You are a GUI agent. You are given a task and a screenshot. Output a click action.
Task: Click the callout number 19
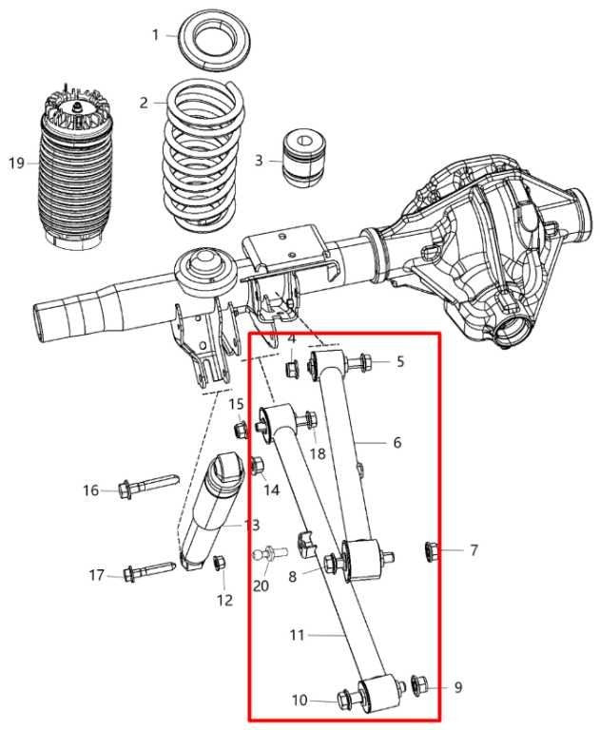pos(16,163)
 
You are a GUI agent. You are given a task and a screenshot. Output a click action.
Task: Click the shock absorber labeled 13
pos(211,513)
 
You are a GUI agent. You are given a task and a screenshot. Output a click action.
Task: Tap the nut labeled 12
pos(220,563)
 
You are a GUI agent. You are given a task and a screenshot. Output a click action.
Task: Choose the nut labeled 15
pos(241,429)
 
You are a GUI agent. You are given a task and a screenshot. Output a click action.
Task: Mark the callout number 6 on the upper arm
pos(397,442)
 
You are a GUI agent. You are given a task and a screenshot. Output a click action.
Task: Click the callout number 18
pos(317,453)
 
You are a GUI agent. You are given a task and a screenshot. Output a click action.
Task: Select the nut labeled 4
pos(292,367)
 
